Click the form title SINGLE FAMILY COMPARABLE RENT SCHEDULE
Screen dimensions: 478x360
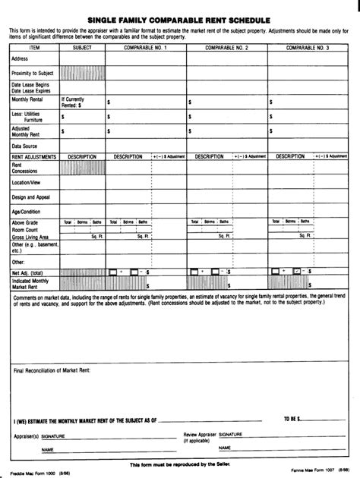coord(180,14)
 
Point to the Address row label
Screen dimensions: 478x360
coord(21,58)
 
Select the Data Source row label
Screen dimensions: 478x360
coord(25,145)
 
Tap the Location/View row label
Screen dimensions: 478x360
coord(27,183)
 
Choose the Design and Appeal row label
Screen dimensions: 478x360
coord(31,197)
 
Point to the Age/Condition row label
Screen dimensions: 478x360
coord(27,210)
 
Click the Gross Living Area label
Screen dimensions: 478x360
coord(30,237)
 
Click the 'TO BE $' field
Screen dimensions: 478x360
coord(292,418)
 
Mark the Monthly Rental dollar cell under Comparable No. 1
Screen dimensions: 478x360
coord(144,101)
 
